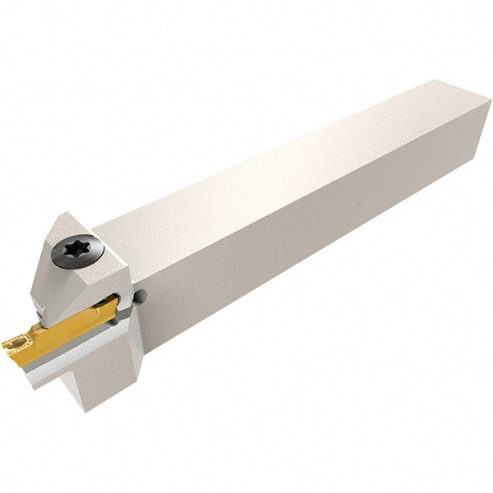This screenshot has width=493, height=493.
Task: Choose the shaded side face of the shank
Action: tap(312, 246)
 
